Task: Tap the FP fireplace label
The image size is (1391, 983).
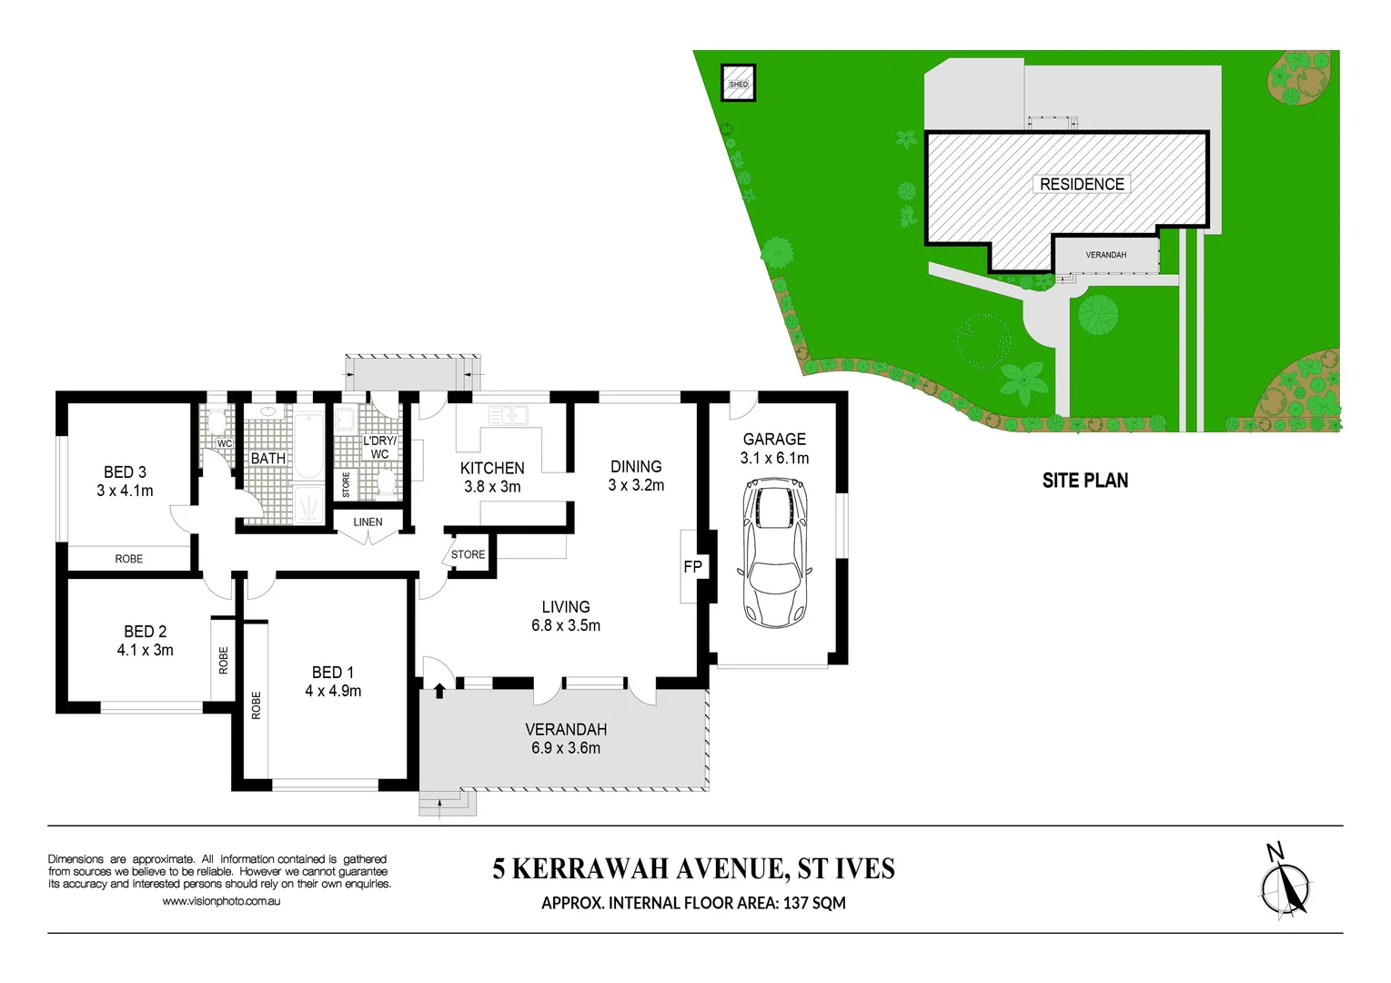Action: click(692, 567)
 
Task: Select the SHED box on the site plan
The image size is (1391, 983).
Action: click(738, 84)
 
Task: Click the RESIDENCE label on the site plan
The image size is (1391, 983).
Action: click(1081, 184)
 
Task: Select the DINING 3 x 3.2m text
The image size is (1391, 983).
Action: click(636, 475)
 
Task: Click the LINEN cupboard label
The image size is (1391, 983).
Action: click(368, 522)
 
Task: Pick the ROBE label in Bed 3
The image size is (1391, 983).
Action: click(129, 559)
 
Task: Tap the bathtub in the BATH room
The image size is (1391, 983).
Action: click(309, 445)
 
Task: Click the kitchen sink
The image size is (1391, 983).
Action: click(508, 416)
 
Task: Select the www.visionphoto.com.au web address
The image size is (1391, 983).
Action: click(221, 901)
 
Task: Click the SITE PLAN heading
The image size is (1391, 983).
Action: click(1084, 481)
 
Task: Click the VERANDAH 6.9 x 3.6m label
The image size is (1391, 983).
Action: click(566, 738)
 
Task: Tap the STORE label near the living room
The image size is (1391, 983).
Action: click(468, 554)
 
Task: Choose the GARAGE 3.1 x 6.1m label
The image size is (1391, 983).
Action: click(774, 448)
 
